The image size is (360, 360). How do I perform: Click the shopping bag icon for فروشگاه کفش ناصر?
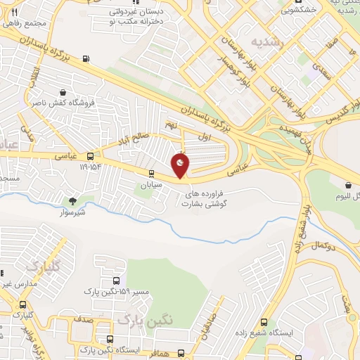[63, 92]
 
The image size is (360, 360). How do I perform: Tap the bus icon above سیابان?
[151, 173]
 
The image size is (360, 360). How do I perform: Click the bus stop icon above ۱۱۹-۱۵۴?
[90, 156]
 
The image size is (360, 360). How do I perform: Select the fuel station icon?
[86, 59]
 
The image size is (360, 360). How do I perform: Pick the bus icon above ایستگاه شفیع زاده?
[264, 321]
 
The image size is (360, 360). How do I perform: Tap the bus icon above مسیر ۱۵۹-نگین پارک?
[107, 281]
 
